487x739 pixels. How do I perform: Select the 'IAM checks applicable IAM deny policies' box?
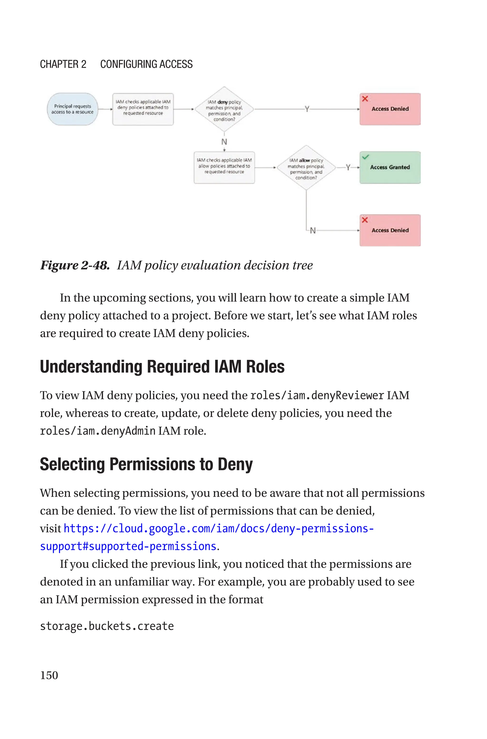point(143,109)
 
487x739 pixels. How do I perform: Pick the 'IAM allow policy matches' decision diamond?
point(306,168)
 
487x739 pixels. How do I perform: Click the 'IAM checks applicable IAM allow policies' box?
point(224,168)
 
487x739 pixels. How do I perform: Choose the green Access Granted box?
point(390,168)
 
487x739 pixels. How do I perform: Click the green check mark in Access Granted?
point(365,157)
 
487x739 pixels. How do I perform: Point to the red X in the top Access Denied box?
point(365,99)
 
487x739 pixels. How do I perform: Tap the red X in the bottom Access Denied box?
point(365,220)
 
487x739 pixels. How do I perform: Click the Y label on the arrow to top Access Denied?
point(307,109)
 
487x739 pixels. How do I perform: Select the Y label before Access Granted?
point(348,168)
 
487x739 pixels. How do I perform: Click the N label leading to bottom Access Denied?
point(313,231)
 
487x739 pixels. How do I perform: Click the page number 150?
point(49,675)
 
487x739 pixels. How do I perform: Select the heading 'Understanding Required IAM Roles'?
point(162,367)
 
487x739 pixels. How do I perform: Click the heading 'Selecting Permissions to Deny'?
point(146,464)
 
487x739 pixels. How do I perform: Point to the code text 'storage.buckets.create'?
point(107,626)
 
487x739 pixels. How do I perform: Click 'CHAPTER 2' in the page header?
point(63,64)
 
